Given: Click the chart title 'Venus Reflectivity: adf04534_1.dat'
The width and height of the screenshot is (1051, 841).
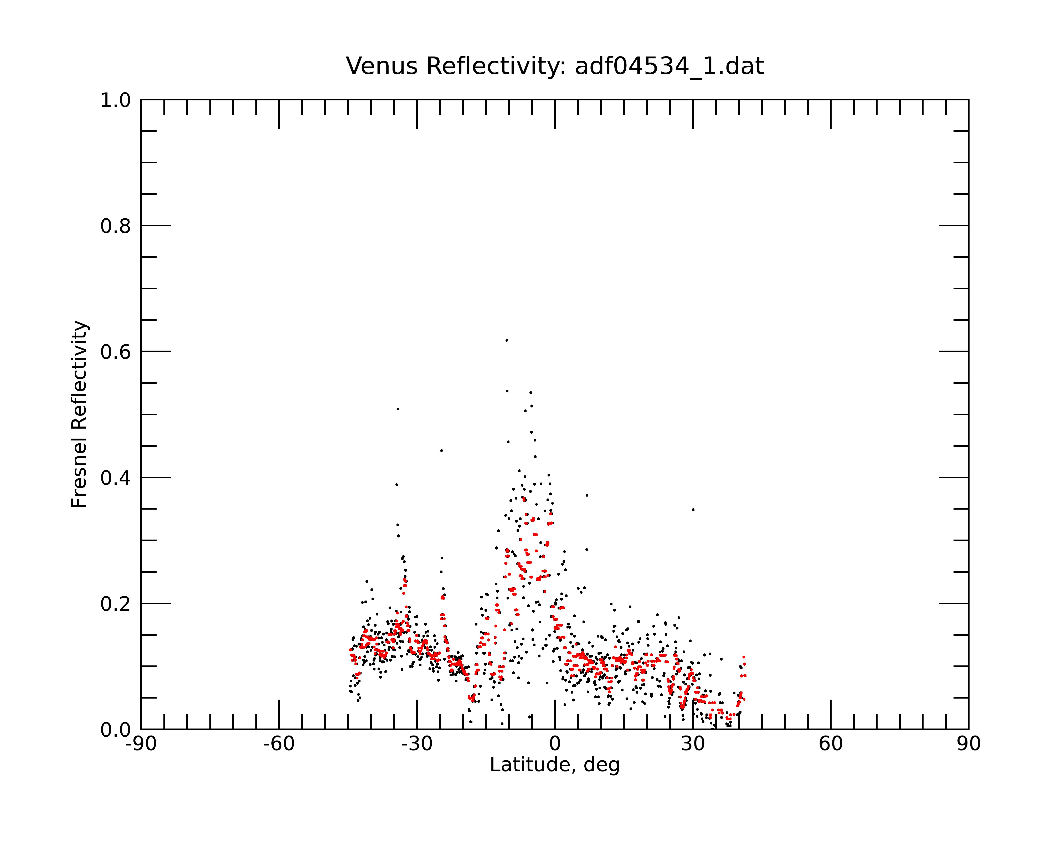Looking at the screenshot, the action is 555,66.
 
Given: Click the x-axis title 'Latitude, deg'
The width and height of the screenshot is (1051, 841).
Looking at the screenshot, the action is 555,765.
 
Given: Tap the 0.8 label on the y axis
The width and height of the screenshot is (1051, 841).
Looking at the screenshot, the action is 116,226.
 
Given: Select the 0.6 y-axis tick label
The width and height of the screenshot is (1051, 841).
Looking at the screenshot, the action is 116,352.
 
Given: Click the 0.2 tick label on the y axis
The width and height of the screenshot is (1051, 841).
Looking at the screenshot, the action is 116,604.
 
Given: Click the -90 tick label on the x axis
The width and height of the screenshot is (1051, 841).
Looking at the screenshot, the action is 141,744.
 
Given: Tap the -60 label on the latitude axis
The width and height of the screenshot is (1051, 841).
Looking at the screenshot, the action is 279,744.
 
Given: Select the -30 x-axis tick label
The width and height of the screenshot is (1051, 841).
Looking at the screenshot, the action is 417,744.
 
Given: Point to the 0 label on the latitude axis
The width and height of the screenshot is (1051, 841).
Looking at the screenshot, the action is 555,744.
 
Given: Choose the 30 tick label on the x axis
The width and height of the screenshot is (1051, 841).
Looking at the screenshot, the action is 693,744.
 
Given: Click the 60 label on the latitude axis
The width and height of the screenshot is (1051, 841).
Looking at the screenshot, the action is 831,744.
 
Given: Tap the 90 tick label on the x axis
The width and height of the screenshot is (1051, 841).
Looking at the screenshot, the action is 968,744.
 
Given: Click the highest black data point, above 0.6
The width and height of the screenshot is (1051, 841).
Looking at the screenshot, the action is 507,340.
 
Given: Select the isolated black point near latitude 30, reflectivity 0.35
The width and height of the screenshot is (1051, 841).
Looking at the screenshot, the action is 693,510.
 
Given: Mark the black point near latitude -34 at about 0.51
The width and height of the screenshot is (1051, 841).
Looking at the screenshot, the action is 398,409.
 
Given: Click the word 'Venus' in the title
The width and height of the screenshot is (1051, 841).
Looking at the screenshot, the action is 381,66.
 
